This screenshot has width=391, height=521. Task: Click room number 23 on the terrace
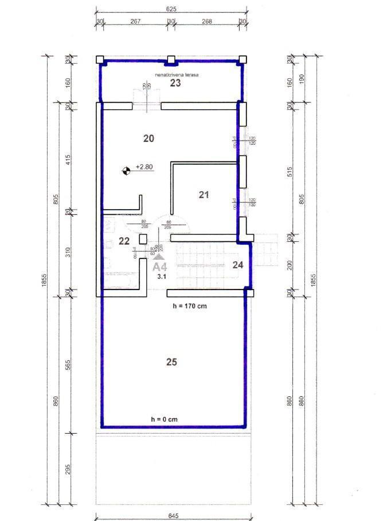pos(175,83)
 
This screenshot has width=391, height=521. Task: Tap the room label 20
pos(148,138)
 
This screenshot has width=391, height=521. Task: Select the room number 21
pos(204,195)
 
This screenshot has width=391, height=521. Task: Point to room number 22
pos(124,241)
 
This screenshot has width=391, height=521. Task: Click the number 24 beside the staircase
pos(238,265)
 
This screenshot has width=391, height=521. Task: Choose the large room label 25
pos(171,362)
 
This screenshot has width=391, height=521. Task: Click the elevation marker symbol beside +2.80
pos(126,169)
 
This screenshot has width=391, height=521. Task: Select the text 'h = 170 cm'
pos(189,306)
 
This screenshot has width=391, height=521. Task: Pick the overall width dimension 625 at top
pos(170,9)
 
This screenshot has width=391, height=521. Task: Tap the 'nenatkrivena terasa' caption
pos(175,75)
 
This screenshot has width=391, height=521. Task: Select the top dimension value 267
pos(135,21)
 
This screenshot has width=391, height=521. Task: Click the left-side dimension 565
pos(68,366)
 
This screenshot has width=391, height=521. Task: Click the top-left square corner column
pos(99,59)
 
